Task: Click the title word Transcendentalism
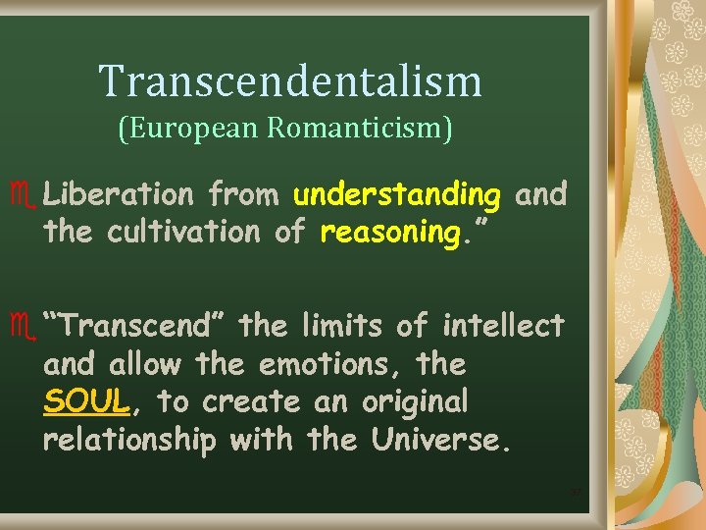[x=290, y=81]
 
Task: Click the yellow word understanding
[x=397, y=195]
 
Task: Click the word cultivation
[x=203, y=233]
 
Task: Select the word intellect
[x=503, y=325]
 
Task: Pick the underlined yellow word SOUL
[x=85, y=401]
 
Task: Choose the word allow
[x=145, y=363]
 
